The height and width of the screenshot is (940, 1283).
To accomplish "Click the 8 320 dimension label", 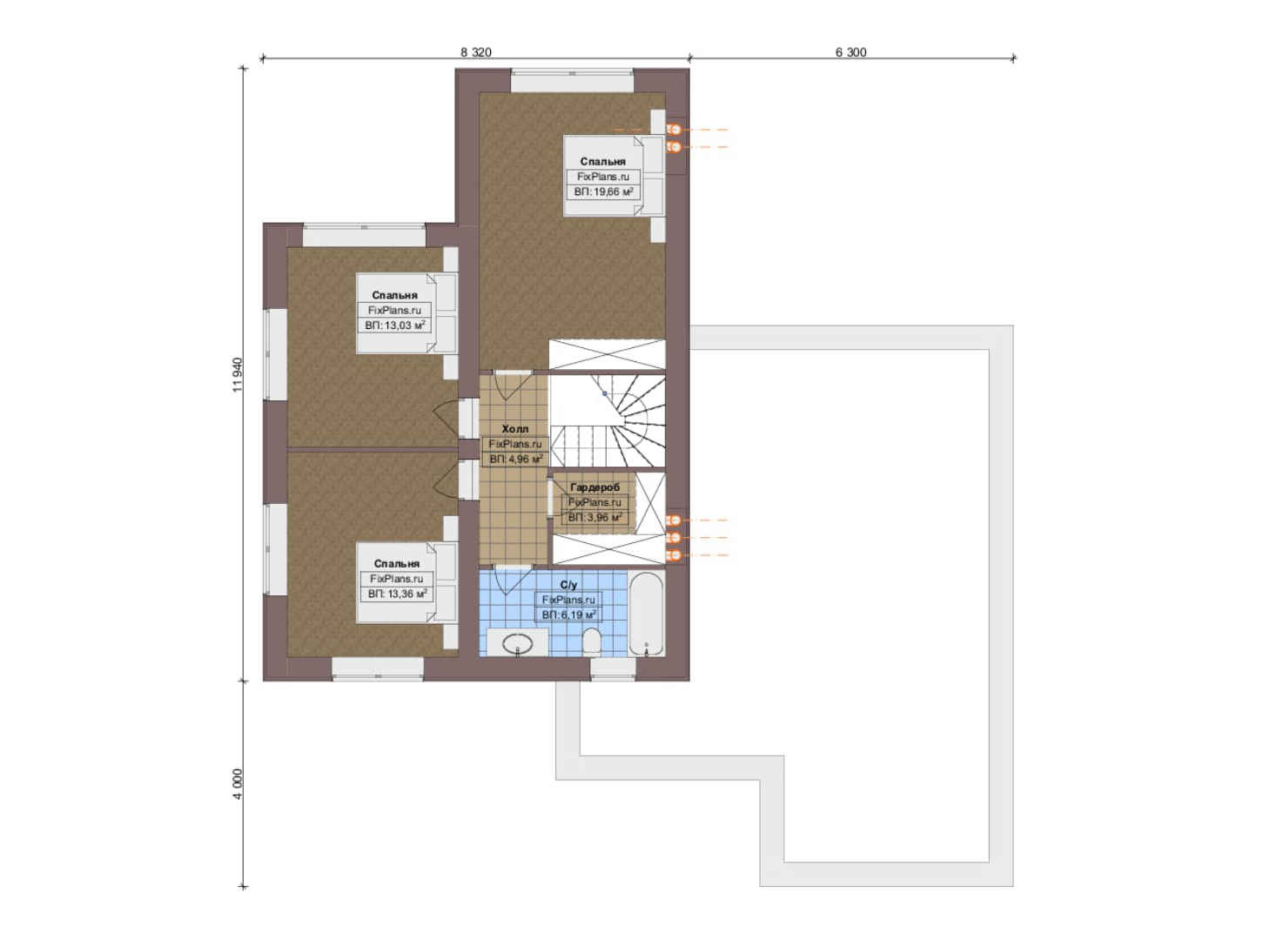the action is point(475,52).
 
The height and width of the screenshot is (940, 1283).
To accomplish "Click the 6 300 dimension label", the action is point(850,52).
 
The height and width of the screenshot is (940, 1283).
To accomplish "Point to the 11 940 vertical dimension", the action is point(238,374).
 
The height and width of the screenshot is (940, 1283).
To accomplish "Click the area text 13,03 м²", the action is point(405,326).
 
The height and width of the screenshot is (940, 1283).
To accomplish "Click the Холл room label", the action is point(515,429).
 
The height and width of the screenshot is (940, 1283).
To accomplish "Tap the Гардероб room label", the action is point(594,487).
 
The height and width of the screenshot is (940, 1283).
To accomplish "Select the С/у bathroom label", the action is point(568,585).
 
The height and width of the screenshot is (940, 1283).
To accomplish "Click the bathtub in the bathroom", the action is point(646,614).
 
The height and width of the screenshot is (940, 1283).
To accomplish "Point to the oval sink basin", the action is point(517,644).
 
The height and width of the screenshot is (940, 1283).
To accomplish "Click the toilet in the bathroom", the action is point(591,642).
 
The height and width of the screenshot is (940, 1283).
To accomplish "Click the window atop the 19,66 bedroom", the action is point(572,81).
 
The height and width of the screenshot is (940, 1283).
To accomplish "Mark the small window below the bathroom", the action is point(613,669).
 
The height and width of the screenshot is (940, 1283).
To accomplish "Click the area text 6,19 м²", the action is point(568,615).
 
